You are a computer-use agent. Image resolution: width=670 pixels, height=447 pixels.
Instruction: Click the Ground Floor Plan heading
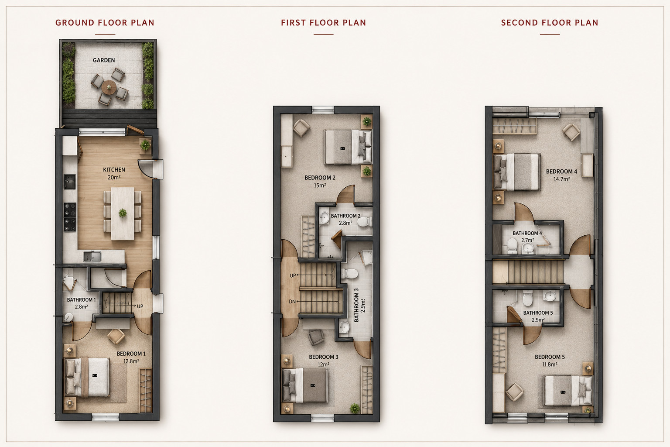pyautogui.click(x=105, y=23)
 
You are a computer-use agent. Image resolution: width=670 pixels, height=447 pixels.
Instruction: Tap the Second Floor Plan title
pyautogui.click(x=550, y=23)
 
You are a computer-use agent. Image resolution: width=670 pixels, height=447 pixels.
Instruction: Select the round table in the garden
pyautogui.click(x=109, y=87)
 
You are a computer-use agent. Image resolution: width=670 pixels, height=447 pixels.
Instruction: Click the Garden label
pyautogui.click(x=104, y=60)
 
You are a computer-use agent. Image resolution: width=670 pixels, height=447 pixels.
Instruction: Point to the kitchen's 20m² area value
pyautogui.click(x=114, y=177)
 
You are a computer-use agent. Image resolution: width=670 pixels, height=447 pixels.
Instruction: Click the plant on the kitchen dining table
pyautogui.click(x=123, y=213)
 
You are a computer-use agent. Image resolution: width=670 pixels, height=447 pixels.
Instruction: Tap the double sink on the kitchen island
pyautogui.click(x=92, y=257)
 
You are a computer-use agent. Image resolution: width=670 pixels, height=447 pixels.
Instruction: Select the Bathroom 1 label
pyautogui.click(x=82, y=300)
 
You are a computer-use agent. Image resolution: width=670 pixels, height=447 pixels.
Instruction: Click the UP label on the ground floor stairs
pyautogui.click(x=140, y=306)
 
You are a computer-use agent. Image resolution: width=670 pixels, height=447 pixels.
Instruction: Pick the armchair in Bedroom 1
pyautogui.click(x=116, y=336)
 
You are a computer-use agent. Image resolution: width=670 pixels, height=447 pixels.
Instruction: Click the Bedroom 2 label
pyautogui.click(x=320, y=178)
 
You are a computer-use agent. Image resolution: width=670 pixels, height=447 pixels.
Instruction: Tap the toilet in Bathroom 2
pyautogui.click(x=364, y=222)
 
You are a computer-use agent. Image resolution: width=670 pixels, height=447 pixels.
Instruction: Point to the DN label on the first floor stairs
pyautogui.click(x=292, y=302)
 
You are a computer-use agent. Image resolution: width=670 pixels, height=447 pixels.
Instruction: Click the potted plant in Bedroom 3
pyautogui.click(x=355, y=408)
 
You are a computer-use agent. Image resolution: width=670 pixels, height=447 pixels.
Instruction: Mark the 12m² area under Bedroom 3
pyautogui.click(x=323, y=364)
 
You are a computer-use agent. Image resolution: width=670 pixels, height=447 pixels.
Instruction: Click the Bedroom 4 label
pyautogui.click(x=561, y=172)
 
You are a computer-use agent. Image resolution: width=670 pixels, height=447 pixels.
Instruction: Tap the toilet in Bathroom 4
pyautogui.click(x=513, y=246)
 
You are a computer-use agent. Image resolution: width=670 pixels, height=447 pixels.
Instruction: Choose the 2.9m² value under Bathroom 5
pyautogui.click(x=538, y=320)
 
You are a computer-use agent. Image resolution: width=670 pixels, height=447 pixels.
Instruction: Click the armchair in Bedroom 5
pyautogui.click(x=514, y=392)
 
